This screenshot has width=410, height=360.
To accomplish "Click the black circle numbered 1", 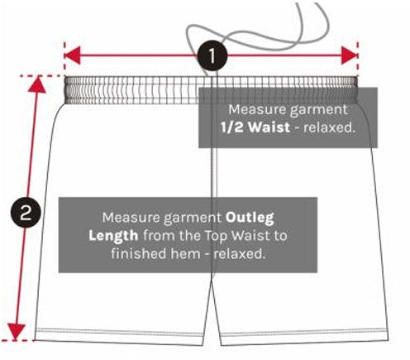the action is pyautogui.click(x=212, y=55).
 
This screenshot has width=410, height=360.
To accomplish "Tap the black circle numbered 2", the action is pyautogui.click(x=26, y=213).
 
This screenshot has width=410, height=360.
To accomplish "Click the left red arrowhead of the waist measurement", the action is pyautogui.click(x=72, y=55).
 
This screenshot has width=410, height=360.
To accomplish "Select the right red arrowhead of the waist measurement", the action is pyautogui.click(x=350, y=55).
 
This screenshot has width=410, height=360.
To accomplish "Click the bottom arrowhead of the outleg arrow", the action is pyautogui.click(x=17, y=332).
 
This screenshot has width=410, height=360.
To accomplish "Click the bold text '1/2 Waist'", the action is pyautogui.click(x=255, y=127).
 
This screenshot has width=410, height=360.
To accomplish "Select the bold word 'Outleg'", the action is pyautogui.click(x=250, y=218).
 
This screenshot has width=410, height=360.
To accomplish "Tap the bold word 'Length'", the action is pyautogui.click(x=113, y=236).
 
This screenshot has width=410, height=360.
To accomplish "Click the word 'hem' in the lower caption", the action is pyautogui.click(x=185, y=254).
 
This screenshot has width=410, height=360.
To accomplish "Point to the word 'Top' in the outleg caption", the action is pyautogui.click(x=216, y=236).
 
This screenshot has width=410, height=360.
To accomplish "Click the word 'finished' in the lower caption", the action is pyautogui.click(x=139, y=254).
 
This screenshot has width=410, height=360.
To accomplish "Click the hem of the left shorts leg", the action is pyautogui.click(x=120, y=336).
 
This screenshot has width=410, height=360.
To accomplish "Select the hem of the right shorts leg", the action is pyautogui.click(x=304, y=337).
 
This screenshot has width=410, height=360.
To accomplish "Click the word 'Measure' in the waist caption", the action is pyautogui.click(x=257, y=109).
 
